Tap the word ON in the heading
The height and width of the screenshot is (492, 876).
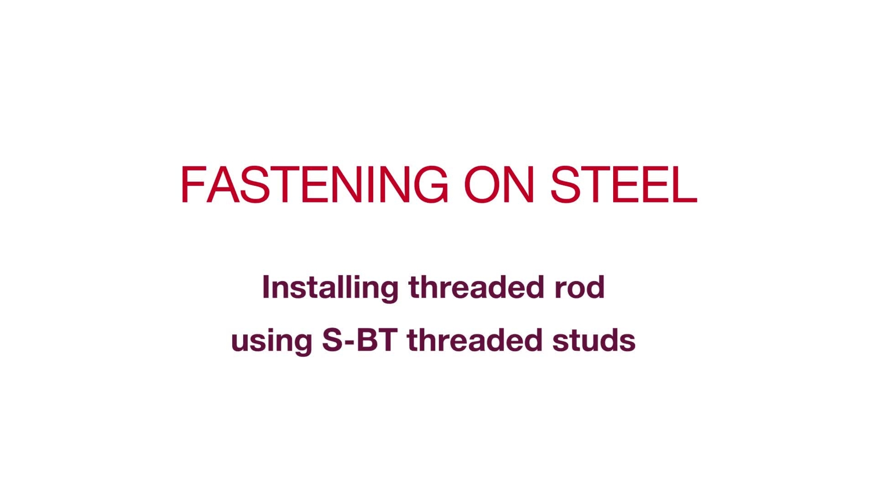[499, 185]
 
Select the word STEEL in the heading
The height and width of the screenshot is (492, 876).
[623, 185]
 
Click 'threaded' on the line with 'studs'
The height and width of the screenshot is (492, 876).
[475, 340]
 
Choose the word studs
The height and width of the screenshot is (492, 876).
[594, 340]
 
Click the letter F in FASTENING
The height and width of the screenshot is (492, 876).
[193, 185]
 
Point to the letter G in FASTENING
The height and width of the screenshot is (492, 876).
[431, 185]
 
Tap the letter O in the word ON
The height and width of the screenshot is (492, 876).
[481, 185]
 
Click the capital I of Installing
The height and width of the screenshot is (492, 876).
[265, 287]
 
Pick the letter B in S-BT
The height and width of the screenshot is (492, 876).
[367, 340]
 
